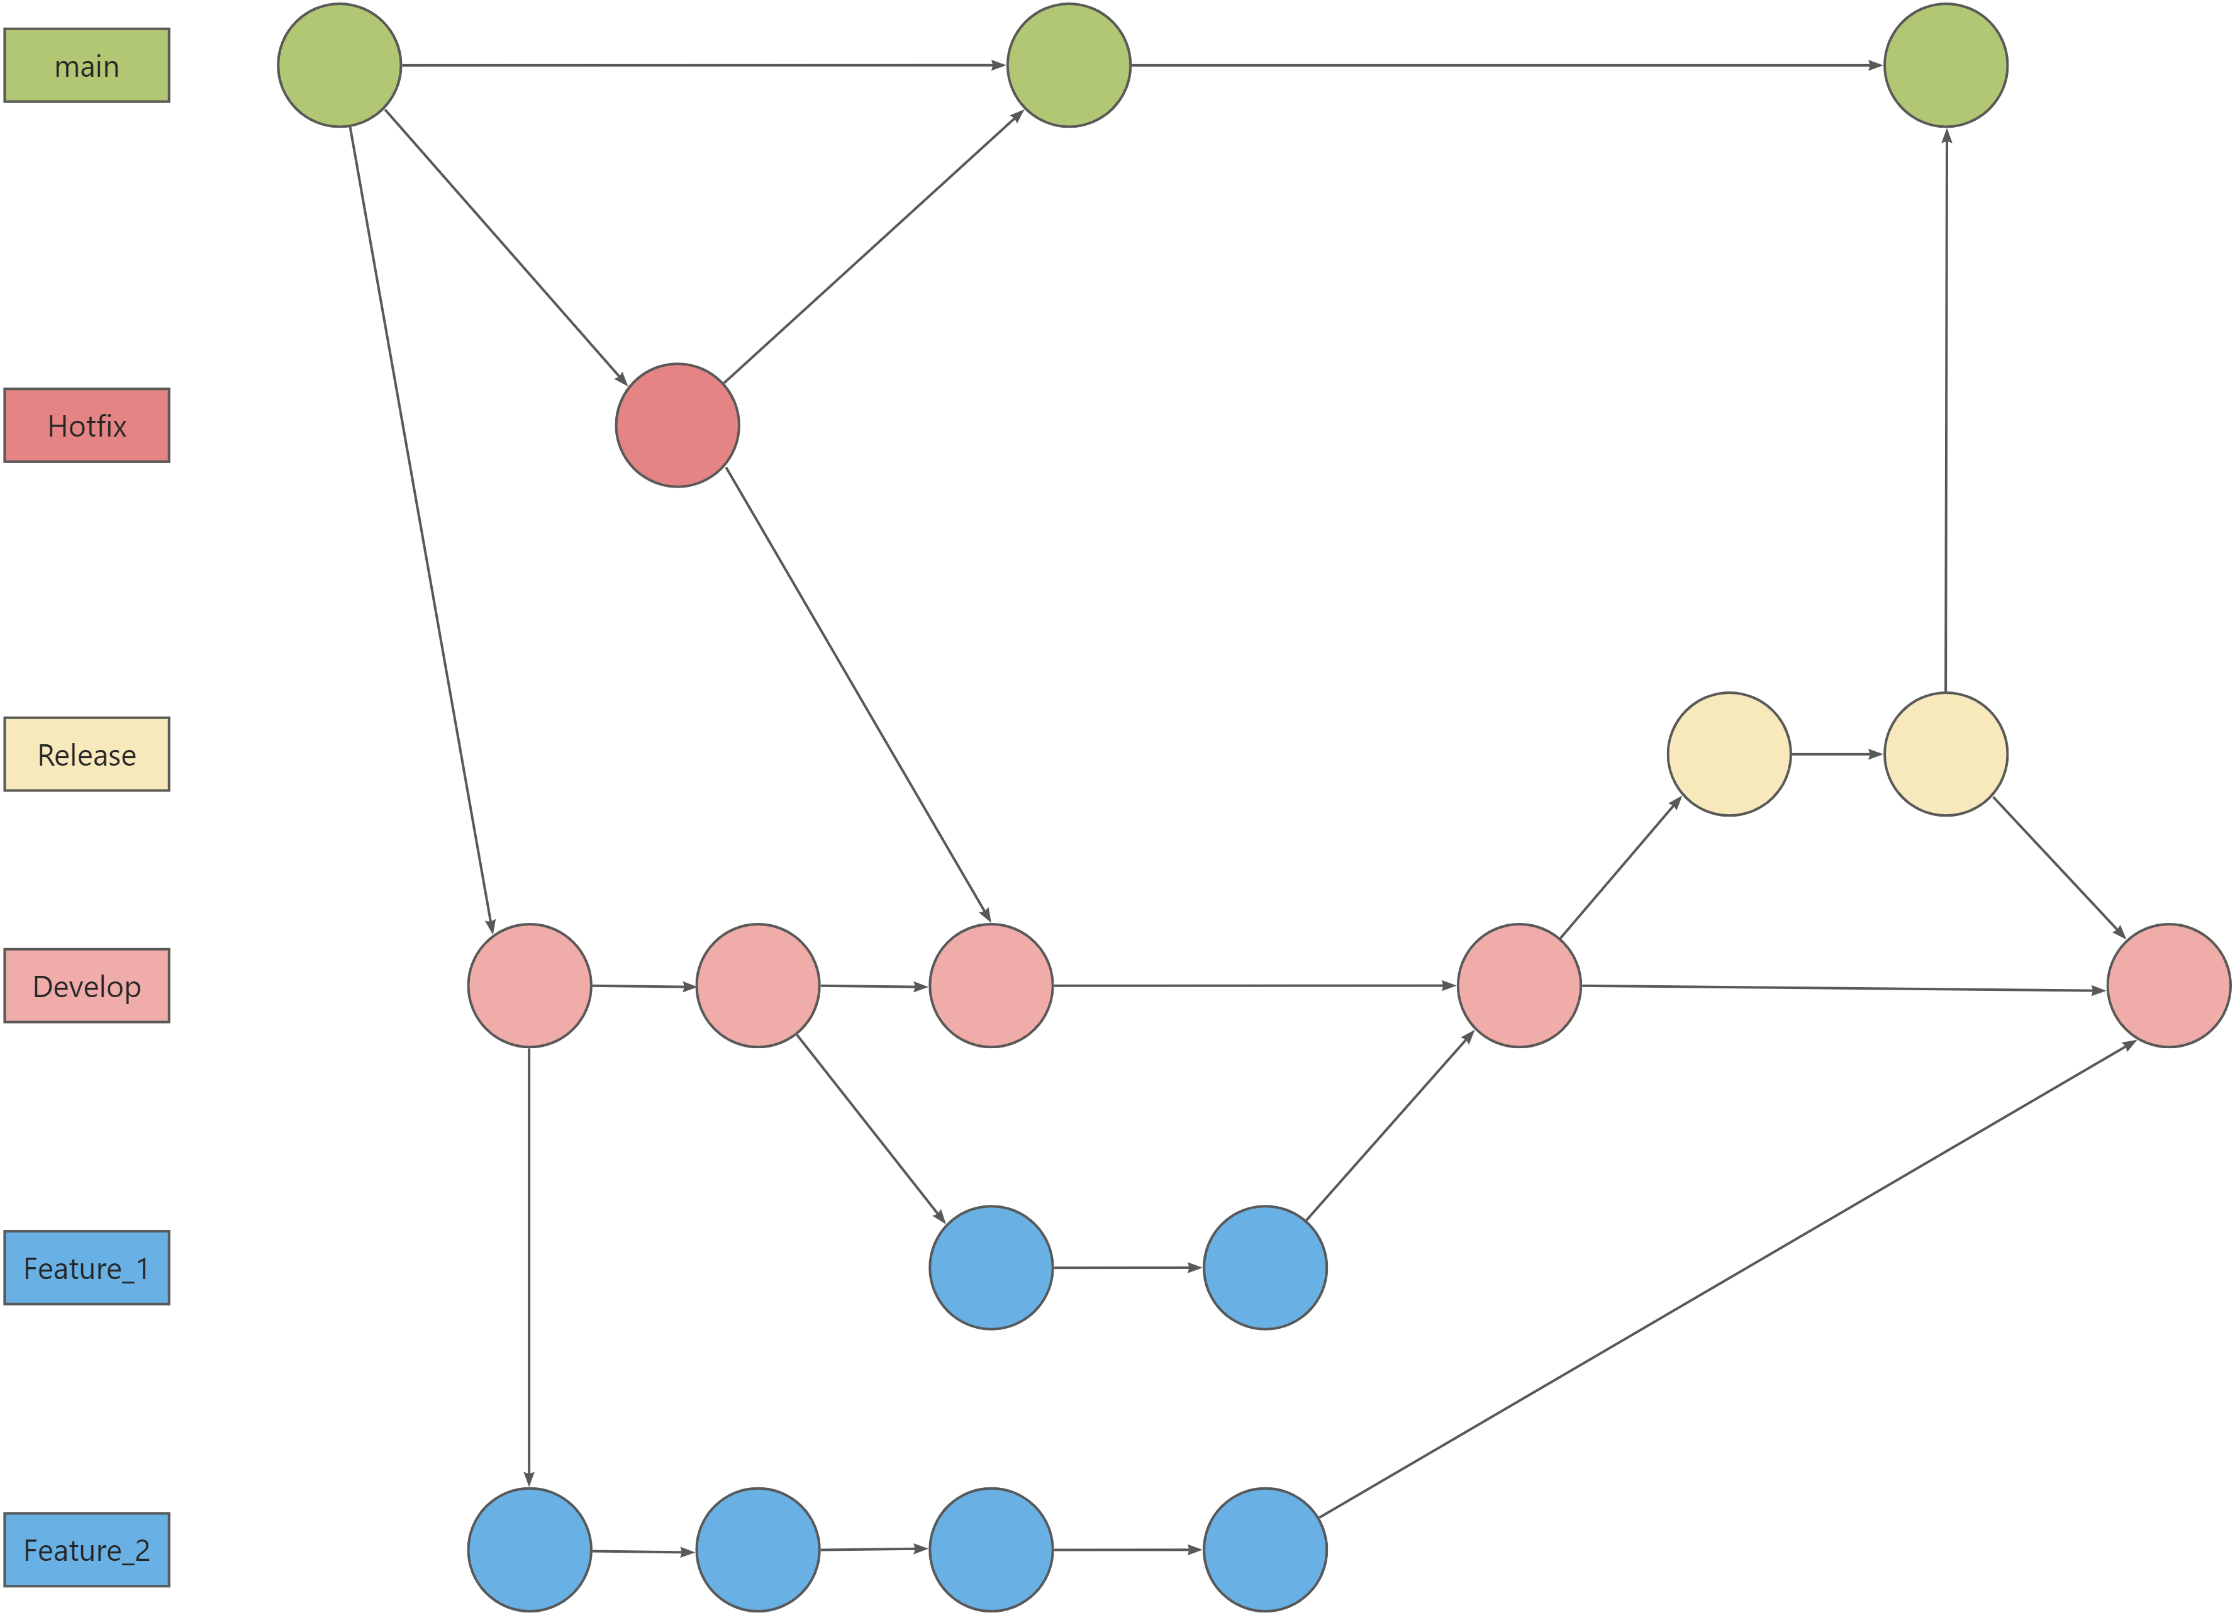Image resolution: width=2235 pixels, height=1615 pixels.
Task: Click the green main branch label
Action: click(x=87, y=66)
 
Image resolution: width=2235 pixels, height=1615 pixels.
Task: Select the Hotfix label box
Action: click(x=87, y=426)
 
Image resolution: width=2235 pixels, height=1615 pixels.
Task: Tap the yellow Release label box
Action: click(x=87, y=755)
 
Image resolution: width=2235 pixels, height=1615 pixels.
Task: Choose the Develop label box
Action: click(x=87, y=986)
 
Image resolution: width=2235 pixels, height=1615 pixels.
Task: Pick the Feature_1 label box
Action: click(x=87, y=1268)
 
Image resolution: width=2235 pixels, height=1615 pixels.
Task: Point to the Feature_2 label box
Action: click(x=87, y=1550)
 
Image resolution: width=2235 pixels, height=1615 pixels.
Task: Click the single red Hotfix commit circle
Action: click(x=677, y=426)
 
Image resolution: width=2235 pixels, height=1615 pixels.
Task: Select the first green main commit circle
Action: click(x=339, y=66)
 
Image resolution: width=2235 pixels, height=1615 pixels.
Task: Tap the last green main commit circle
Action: click(x=1945, y=66)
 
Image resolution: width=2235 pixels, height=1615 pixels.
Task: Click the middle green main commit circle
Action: click(x=1068, y=66)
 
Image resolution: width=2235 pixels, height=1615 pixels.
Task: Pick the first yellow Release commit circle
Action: click(x=1729, y=755)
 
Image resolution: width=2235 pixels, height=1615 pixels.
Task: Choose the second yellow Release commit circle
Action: click(x=1945, y=755)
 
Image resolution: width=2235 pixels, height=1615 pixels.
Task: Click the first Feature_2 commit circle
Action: click(x=529, y=1550)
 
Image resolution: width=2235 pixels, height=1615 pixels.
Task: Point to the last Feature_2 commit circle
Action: click(x=1264, y=1550)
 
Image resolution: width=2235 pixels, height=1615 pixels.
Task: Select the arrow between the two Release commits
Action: click(x=1837, y=755)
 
